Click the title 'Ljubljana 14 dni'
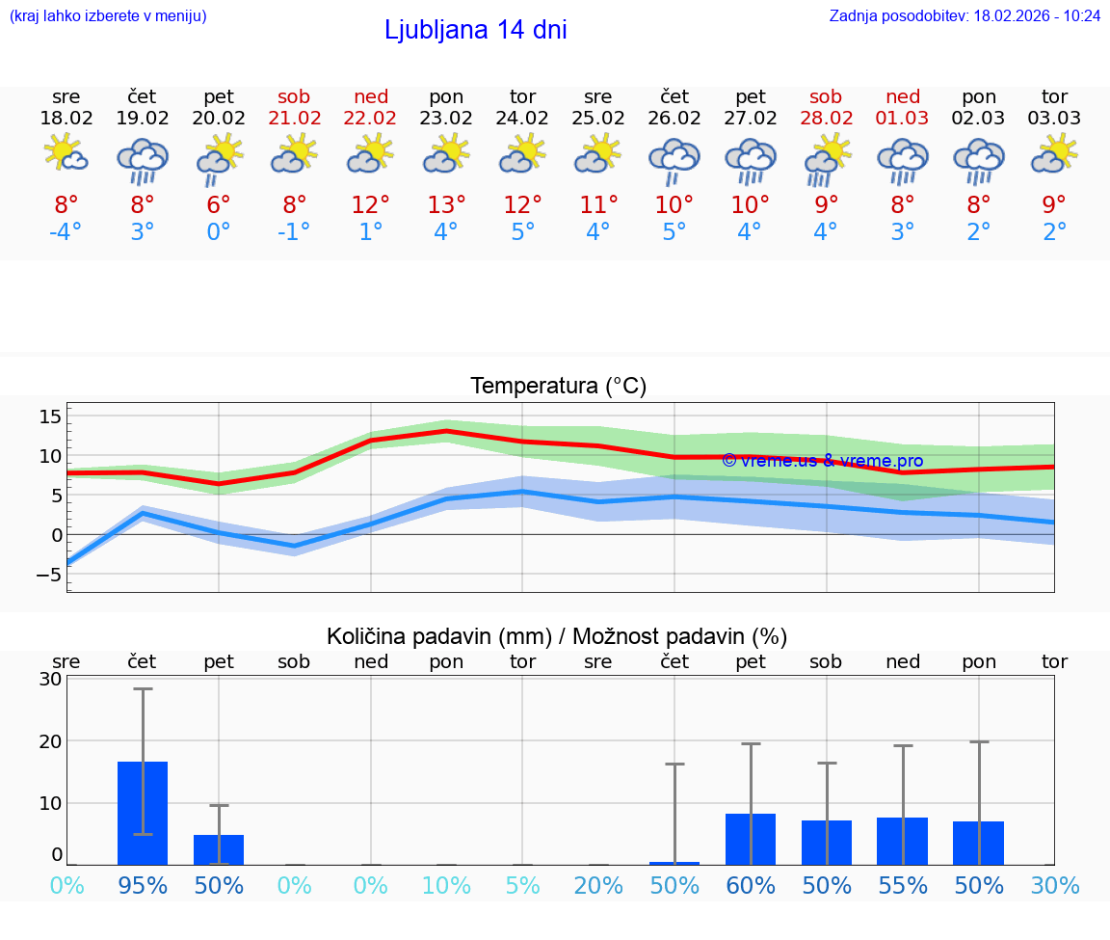[x=475, y=30]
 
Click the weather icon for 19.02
[x=143, y=160]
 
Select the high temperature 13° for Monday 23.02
[x=446, y=205]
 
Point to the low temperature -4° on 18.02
[x=66, y=232]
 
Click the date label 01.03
[x=903, y=119]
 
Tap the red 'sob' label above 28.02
[x=826, y=96]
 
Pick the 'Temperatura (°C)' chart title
[x=558, y=386]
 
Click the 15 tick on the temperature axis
[x=50, y=416]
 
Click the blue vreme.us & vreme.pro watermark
[x=822, y=461]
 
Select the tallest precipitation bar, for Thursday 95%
[x=143, y=812]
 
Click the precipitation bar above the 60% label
[x=751, y=839]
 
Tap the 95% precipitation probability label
[x=143, y=886]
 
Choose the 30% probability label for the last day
[x=1054, y=886]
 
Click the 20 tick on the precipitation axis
[x=50, y=740]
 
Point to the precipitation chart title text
[x=557, y=636]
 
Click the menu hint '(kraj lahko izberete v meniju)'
[x=108, y=15]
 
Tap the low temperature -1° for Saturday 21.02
[x=294, y=232]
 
